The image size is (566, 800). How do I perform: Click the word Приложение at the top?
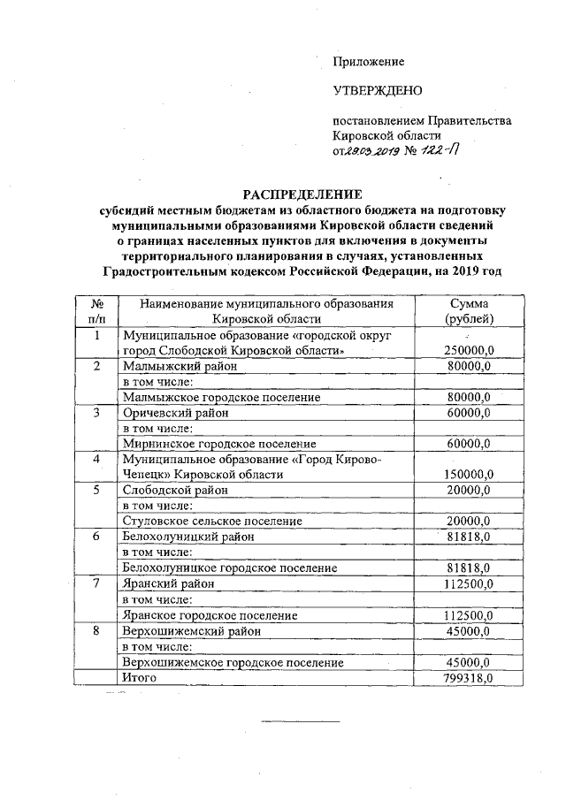click(368, 62)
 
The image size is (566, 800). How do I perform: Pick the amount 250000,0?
click(467, 350)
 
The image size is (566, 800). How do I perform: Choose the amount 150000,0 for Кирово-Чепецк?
click(467, 474)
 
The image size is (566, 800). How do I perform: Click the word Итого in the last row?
click(140, 677)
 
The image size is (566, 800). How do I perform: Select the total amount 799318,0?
click(467, 677)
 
